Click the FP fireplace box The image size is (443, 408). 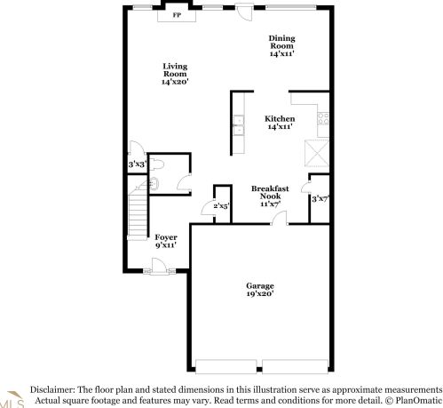tap(176, 14)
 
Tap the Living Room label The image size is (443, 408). tap(175, 74)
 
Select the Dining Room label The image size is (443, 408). tap(281, 46)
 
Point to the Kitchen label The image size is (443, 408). tap(280, 123)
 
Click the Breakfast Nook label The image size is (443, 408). tap(270, 196)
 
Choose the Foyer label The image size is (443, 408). tap(166, 241)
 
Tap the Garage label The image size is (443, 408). tap(260, 290)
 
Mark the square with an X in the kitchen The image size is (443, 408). tap(317, 153)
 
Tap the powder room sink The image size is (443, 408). tap(154, 185)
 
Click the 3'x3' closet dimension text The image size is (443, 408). tap(136, 164)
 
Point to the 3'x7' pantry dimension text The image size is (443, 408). tap(320, 198)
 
